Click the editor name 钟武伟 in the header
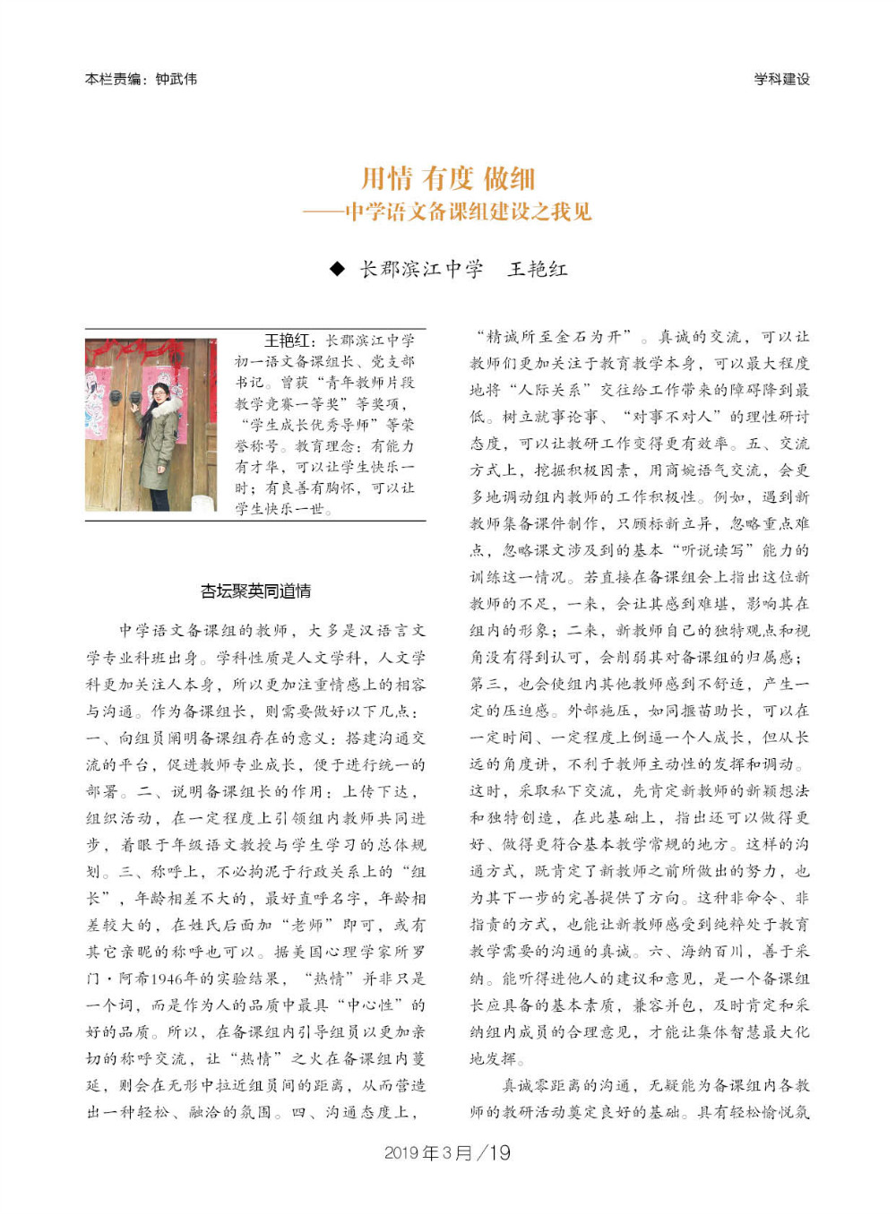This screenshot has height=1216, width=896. click(x=176, y=79)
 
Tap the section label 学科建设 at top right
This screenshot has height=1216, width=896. click(x=781, y=79)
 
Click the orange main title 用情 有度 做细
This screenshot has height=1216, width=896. click(x=447, y=178)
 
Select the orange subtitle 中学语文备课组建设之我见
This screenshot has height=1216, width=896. click(x=468, y=211)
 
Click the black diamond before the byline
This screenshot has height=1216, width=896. click(x=337, y=269)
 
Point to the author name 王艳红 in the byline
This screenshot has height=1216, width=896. click(x=538, y=269)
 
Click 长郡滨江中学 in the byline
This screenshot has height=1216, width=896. click(x=421, y=269)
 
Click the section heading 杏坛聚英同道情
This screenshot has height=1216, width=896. click(x=255, y=591)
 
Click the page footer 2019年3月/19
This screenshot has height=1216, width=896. click(x=447, y=1152)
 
